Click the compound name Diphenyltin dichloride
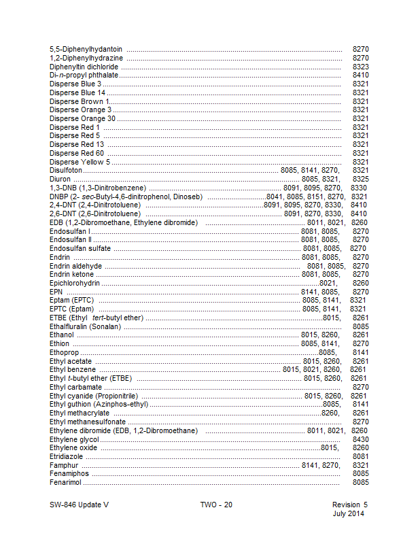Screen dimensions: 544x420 84,67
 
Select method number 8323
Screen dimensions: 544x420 361,67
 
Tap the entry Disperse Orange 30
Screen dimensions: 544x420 82,118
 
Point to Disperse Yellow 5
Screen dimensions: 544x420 80,162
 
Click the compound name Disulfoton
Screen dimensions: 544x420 66,170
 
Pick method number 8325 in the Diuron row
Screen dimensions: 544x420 361,179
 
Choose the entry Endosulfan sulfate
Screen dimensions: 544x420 80,248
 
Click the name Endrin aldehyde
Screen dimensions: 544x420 75,266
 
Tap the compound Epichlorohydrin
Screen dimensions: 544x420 75,283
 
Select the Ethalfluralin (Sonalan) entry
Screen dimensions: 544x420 85,326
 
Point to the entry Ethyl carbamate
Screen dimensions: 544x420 75,387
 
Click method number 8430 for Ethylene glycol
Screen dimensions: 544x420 361,439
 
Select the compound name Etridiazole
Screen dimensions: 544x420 66,456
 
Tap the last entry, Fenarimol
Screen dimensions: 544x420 65,482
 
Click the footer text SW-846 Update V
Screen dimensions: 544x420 79,505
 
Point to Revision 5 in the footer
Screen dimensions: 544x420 350,505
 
